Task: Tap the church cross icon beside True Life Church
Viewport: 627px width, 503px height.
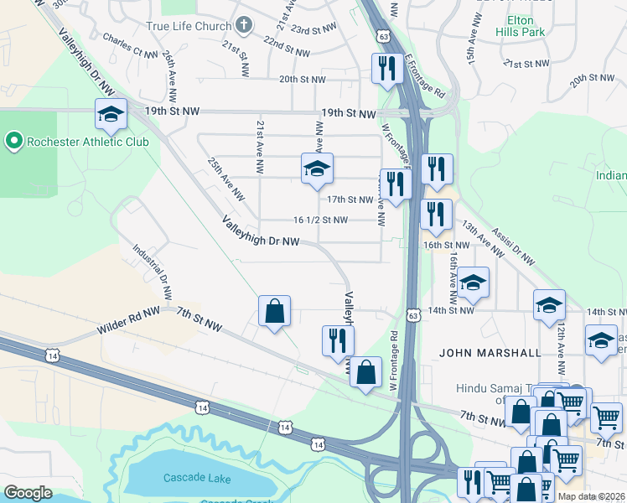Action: coord(244,25)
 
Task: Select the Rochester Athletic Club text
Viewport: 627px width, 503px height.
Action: coord(87,142)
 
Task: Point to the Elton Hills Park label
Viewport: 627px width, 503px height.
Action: coord(526,25)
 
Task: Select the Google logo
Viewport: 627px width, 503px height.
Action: coord(28,493)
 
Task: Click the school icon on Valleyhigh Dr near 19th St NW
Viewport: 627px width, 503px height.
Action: coord(110,117)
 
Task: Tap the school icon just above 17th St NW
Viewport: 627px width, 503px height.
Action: coord(317,169)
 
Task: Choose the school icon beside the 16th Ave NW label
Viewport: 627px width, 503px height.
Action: coord(473,283)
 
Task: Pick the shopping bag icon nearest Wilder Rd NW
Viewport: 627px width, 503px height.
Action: coord(274,312)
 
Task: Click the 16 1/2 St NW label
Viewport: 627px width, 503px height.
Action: coord(320,220)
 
